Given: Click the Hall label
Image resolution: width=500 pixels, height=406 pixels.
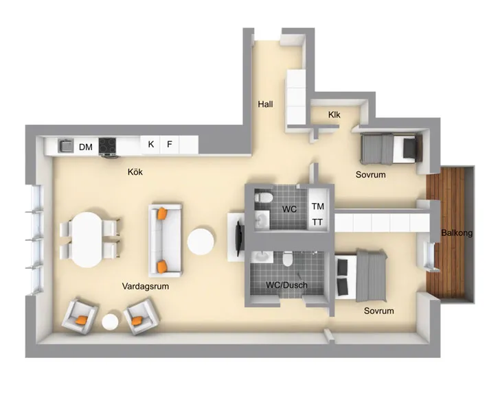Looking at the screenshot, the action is coord(265,104).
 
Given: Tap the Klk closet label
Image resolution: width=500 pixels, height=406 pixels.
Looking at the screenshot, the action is coord(334,115).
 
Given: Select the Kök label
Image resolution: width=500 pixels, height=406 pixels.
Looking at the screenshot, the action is coord(135,172).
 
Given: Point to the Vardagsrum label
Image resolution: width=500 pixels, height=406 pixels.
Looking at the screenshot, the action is coord(146,286).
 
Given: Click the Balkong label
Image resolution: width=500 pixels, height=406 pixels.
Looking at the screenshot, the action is coord(457,233).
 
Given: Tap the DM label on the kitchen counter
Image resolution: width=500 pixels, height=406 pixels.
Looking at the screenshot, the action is coord(86,147).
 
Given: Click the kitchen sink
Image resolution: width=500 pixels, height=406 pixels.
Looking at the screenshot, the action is coord(66,145).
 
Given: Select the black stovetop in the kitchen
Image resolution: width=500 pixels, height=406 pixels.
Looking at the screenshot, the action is coord(107,146).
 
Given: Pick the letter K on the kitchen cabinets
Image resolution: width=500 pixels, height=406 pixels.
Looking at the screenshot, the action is coord(151,144).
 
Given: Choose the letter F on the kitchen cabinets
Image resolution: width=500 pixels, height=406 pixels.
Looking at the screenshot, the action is coord(170,144).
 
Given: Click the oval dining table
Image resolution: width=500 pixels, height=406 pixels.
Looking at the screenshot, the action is coord(87,240).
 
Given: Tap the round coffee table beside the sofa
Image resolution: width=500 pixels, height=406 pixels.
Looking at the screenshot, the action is coord(201,241).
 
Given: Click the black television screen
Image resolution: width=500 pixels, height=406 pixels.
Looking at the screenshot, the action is coord(240,238).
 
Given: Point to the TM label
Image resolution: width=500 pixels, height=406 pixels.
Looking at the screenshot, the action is coord(318,206).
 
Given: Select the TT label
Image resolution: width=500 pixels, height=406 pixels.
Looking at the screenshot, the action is coord(317,222).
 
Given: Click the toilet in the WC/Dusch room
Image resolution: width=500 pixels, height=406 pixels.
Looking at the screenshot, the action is coord(288,259).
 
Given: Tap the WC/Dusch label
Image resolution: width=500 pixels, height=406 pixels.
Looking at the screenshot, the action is coord(286,285).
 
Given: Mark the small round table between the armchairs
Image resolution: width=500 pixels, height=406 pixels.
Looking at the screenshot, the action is coord(111,322).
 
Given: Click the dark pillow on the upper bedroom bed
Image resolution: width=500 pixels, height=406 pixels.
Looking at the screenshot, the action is coord(410,148).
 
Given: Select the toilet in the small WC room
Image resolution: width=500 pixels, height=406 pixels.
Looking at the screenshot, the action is coord(264,198).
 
